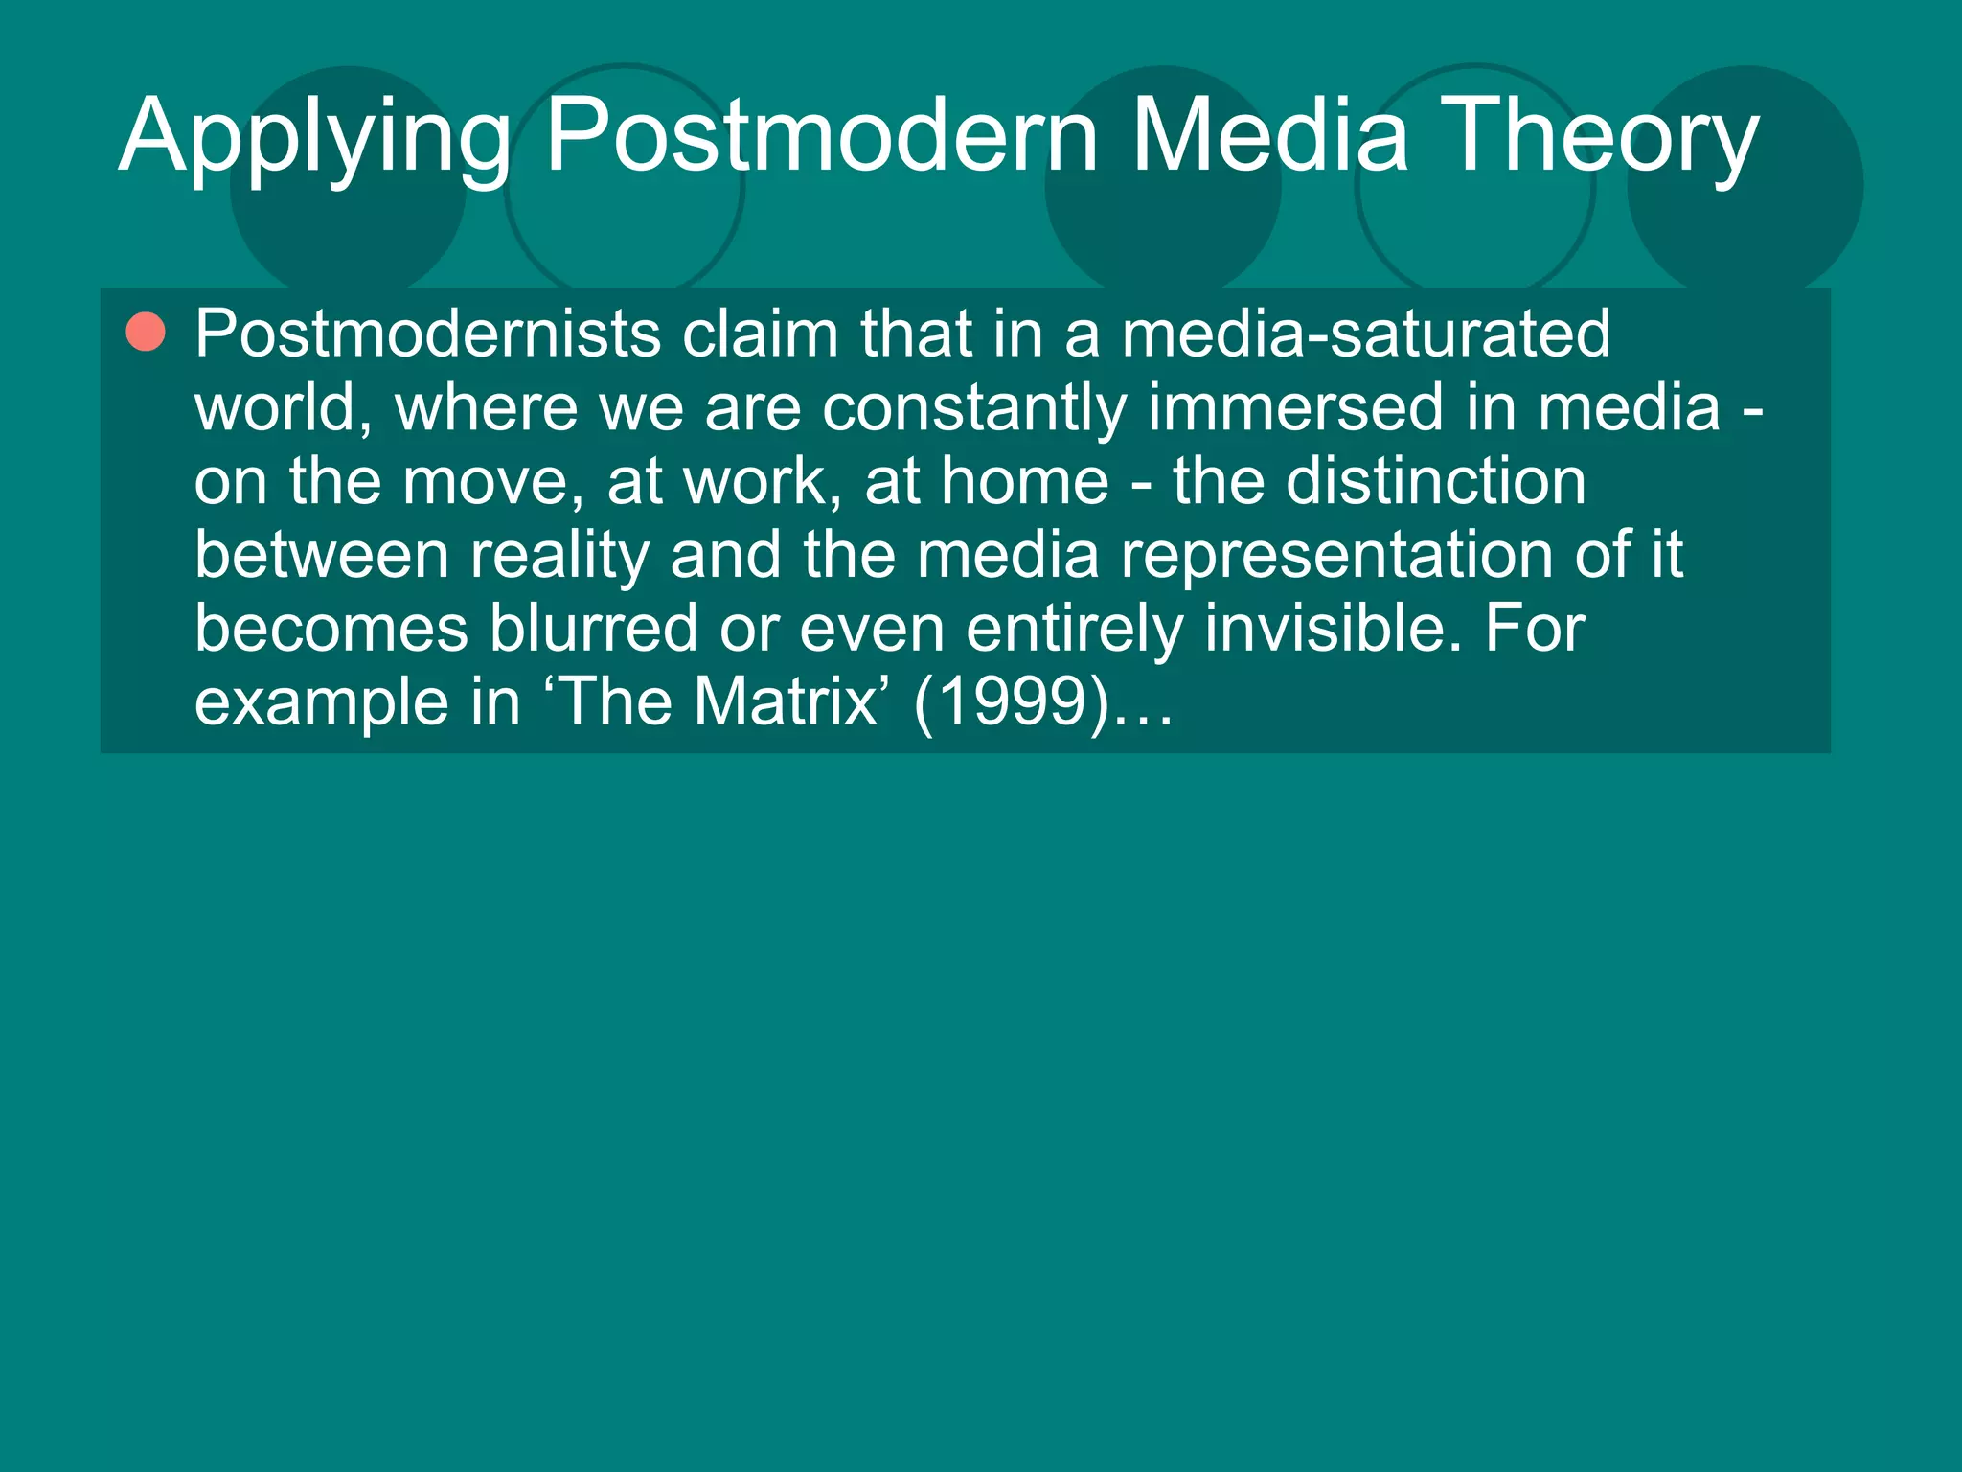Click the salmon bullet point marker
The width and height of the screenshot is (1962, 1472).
pyautogui.click(x=146, y=333)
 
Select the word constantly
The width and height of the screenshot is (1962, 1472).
pyautogui.click(x=973, y=407)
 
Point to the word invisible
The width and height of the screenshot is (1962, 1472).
pyautogui.click(x=1333, y=629)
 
